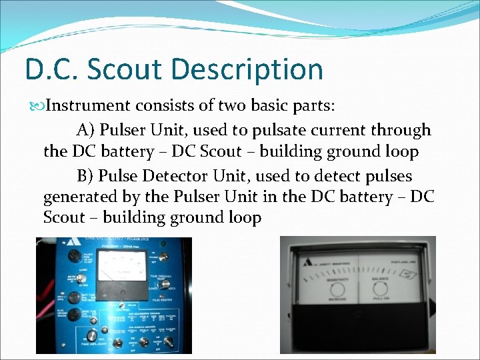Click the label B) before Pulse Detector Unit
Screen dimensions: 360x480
87,175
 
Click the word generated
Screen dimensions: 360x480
79,197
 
